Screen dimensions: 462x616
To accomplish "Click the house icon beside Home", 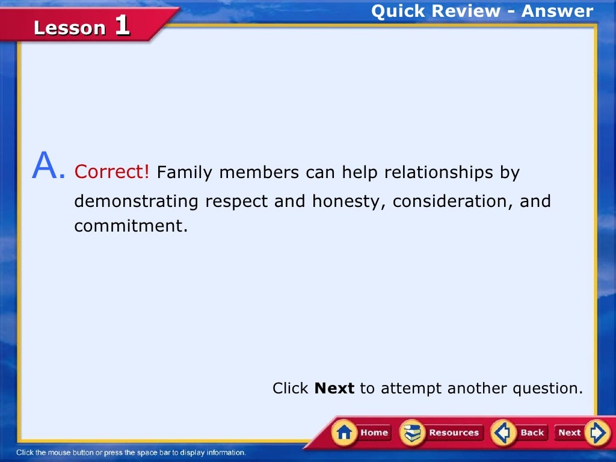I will (x=344, y=433).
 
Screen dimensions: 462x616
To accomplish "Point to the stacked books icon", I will (x=412, y=433).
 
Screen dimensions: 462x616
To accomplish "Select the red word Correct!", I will (x=111, y=172).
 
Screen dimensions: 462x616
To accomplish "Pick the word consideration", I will (x=452, y=201).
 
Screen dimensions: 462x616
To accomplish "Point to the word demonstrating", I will (x=137, y=201).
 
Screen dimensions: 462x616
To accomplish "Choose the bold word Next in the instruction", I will (x=334, y=388).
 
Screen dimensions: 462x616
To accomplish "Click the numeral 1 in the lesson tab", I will (x=122, y=25).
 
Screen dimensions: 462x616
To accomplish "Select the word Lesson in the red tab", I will (x=70, y=28).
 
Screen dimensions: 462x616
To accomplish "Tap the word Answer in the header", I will (x=557, y=11).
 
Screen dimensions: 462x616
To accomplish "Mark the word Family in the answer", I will (x=185, y=173).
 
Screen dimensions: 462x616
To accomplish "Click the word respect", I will (x=237, y=201).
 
